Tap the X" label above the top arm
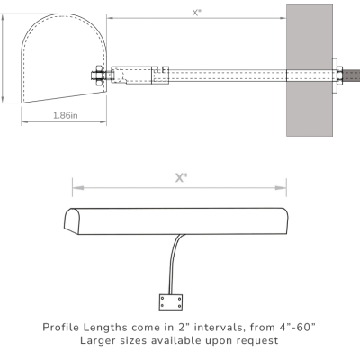196,12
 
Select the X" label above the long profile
180,177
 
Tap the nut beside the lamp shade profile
94,76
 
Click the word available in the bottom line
188,340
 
